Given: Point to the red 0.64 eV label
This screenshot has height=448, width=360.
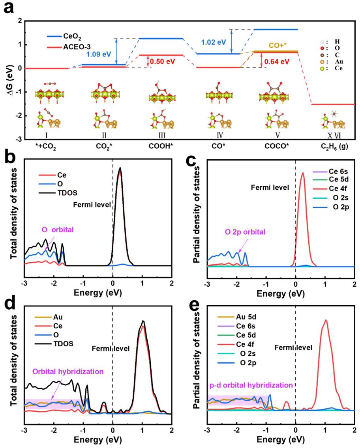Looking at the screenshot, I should [x=277, y=62].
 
